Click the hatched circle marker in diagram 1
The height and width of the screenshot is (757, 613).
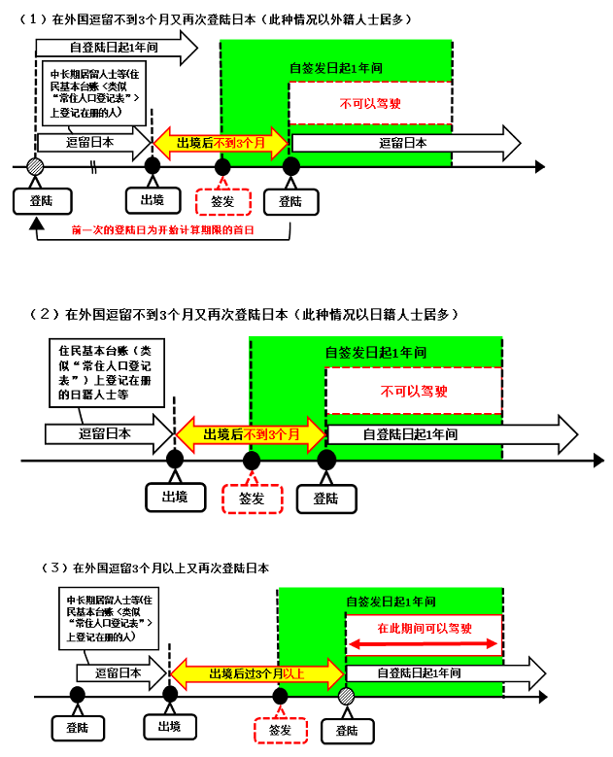click(x=36, y=166)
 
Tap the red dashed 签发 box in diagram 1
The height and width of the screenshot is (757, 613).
click(x=222, y=201)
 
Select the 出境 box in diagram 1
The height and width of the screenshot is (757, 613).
click(x=153, y=200)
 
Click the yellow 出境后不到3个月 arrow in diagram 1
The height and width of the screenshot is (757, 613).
click(x=221, y=143)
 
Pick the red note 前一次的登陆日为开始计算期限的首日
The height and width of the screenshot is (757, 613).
click(x=163, y=231)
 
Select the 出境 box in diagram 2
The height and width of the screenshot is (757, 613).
click(x=176, y=498)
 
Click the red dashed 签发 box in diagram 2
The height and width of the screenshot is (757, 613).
click(x=252, y=498)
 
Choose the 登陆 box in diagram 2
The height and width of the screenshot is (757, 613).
click(x=326, y=498)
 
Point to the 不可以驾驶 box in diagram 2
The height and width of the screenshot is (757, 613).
click(x=414, y=392)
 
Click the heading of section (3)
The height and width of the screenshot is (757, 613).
click(x=154, y=567)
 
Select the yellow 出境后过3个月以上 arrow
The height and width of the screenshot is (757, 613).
click(x=257, y=672)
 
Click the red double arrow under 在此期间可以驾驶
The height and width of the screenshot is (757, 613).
click(x=425, y=643)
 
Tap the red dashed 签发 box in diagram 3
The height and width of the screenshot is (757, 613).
click(x=280, y=729)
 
